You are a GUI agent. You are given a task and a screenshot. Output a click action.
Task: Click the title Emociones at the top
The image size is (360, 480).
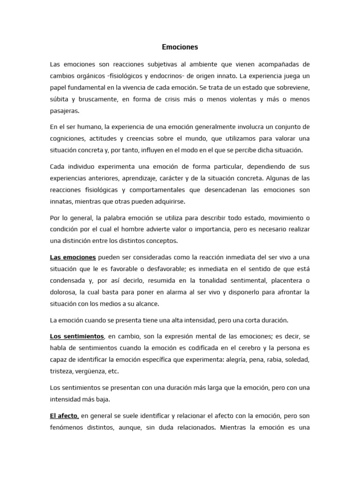pos(180,47)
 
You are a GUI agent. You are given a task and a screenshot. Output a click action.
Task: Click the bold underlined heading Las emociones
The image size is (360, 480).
pos(73,257)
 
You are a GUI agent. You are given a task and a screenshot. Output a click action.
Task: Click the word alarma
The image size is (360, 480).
pos(187,292)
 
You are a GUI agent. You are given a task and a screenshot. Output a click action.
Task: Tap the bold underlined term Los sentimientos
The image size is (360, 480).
pos(77,336)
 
